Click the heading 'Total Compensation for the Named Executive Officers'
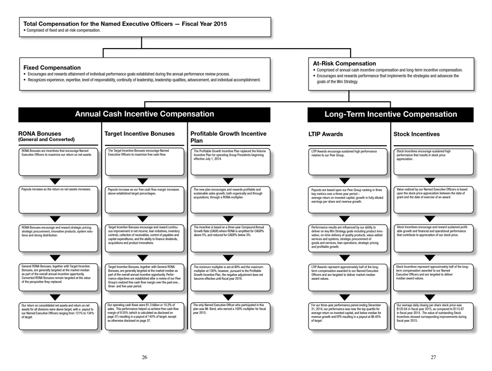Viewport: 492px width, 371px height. pos(124,24)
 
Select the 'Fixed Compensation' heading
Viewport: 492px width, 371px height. pos(51,68)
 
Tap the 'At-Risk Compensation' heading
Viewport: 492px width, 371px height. pos(344,64)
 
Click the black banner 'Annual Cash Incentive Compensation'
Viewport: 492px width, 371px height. pos(144,115)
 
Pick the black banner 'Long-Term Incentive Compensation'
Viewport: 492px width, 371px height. pos(391,115)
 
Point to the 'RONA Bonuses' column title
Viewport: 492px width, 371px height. pos(40,134)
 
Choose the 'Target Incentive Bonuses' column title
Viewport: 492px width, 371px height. pos(139,134)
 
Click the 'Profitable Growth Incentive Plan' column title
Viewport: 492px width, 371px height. pos(228,137)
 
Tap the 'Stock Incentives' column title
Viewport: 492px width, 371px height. pos(417,134)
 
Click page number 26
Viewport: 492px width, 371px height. pos(144,356)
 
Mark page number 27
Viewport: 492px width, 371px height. pos(433,356)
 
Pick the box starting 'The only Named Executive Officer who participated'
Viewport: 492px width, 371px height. pos(228,314)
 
